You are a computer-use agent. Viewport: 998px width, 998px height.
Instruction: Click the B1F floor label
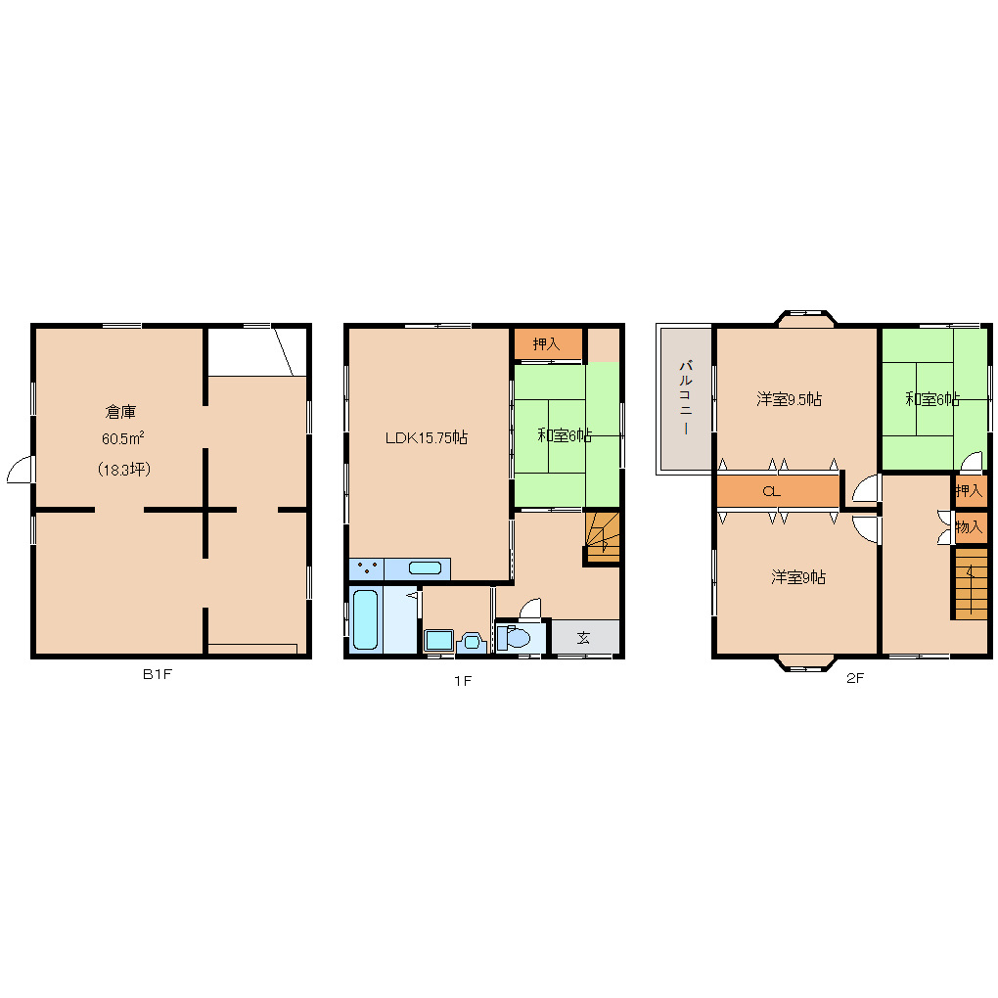pos(158,674)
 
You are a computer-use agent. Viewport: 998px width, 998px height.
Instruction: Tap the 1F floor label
pos(463,681)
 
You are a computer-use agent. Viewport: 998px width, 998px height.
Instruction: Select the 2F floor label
pos(855,678)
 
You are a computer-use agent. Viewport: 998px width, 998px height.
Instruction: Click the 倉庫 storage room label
pos(120,412)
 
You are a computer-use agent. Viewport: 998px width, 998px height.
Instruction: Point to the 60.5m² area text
pos(123,438)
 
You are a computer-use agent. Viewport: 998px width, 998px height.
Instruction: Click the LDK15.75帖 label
pos(427,438)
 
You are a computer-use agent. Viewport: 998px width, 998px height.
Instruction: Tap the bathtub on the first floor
pos(365,619)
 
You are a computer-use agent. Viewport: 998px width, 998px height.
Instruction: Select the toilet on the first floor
pos(513,637)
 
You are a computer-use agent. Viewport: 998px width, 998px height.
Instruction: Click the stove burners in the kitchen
pos(367,568)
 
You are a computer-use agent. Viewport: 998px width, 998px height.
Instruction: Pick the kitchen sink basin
pos(426,567)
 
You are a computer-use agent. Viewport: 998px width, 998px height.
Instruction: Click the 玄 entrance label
pos(584,637)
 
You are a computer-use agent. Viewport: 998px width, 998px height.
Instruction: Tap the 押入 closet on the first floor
pos(548,344)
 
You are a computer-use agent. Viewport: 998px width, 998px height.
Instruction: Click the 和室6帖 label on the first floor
pos(565,435)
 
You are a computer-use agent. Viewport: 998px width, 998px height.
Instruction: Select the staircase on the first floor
pos(603,537)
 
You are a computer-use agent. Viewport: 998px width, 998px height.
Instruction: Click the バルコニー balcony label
pos(686,398)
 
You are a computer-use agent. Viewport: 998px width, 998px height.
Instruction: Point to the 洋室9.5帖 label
pos(790,399)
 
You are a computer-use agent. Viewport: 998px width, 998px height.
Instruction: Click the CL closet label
pos(771,491)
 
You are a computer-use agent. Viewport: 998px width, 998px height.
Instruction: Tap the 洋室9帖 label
pos(798,577)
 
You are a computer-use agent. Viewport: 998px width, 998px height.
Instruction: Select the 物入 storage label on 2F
pos(970,527)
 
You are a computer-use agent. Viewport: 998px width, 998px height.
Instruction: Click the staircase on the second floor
pos(970,584)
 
